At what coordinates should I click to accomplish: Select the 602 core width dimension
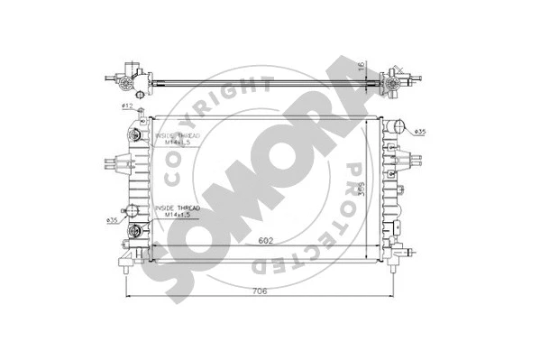264,240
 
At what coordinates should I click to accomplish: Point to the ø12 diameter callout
127,107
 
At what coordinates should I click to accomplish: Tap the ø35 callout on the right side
420,134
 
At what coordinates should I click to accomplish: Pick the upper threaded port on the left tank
136,135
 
